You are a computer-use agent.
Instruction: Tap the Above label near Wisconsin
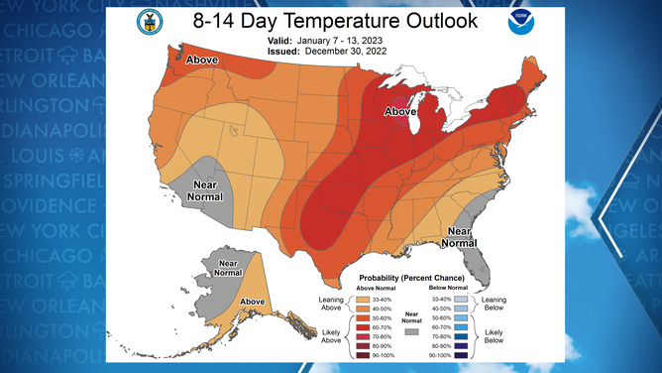point(400,112)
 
